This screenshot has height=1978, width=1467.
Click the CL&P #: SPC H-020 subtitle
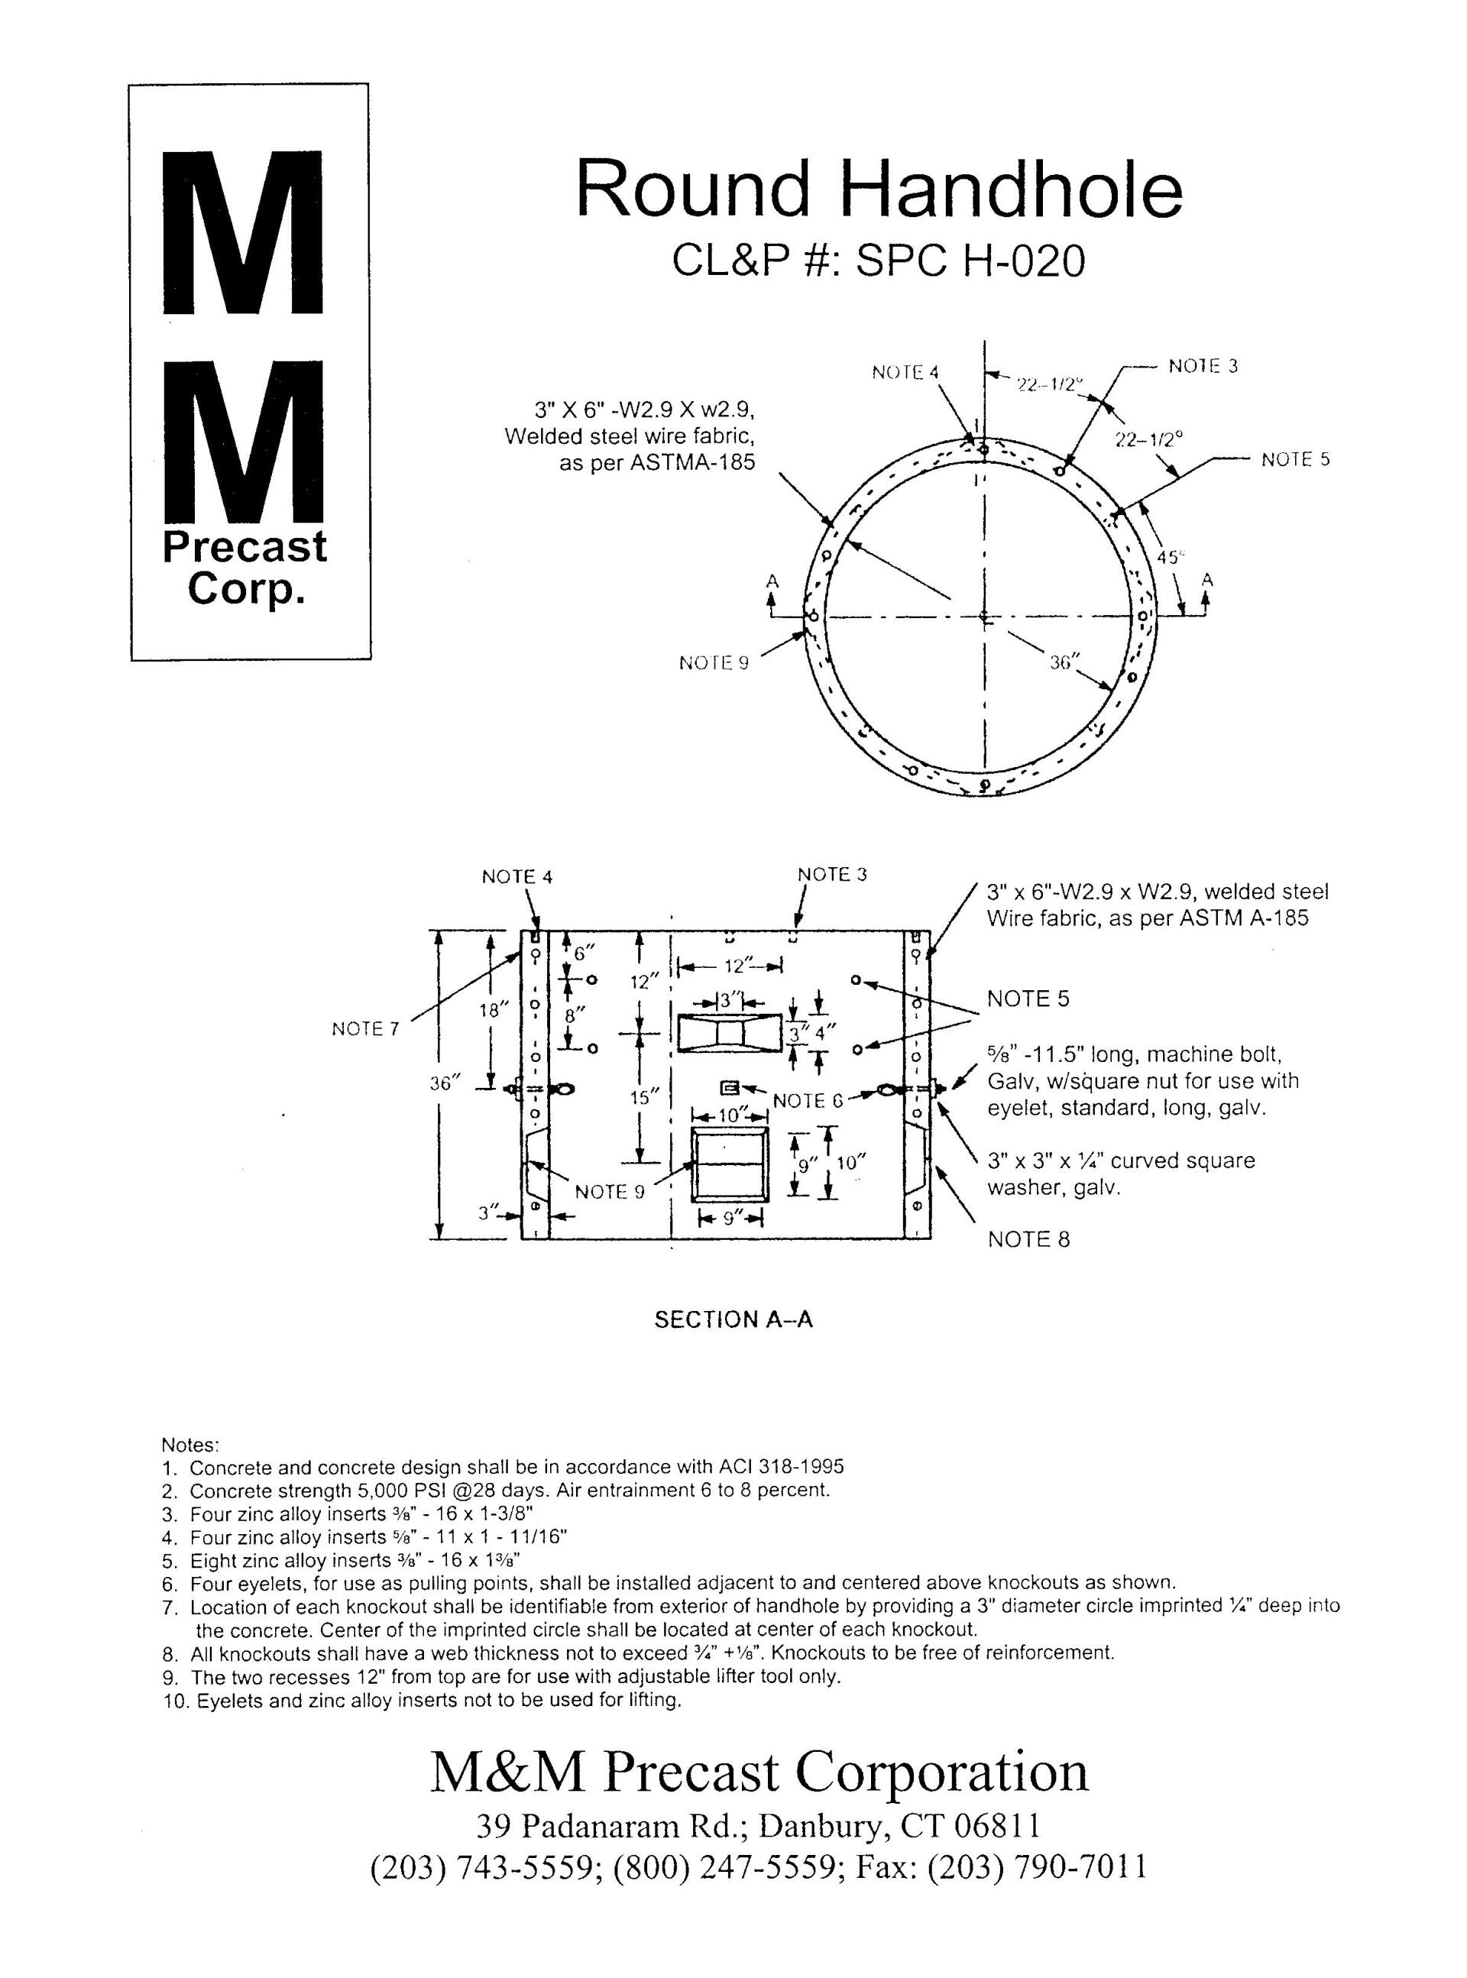click(878, 261)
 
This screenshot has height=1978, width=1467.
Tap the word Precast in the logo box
click(244, 547)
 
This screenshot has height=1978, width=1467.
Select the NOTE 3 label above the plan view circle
click(1203, 366)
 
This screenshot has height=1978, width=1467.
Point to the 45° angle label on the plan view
click(1171, 558)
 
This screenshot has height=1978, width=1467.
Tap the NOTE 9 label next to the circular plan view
click(713, 663)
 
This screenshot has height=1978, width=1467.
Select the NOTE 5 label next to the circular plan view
click(1295, 459)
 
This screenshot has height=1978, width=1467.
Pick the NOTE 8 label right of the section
click(1028, 1239)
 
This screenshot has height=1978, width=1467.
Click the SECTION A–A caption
click(733, 1320)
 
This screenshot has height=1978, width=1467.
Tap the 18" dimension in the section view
click(498, 1009)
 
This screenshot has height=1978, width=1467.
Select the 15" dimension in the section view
click(641, 1097)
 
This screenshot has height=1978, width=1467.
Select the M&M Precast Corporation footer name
click(759, 1772)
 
